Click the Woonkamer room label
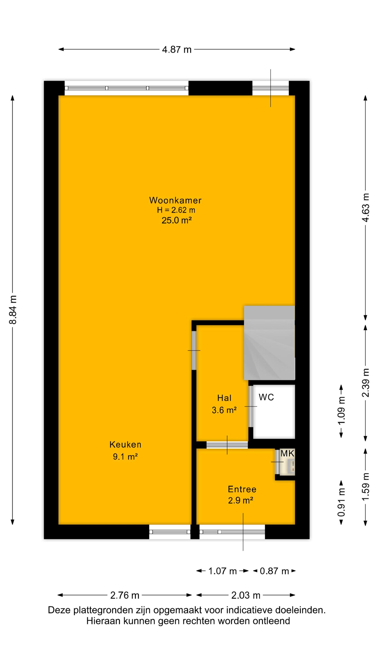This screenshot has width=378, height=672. [x=175, y=200]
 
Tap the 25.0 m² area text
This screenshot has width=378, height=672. [x=177, y=220]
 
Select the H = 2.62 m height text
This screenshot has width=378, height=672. [x=176, y=210]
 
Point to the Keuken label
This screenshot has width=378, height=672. [x=125, y=444]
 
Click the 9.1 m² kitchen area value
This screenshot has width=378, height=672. [x=125, y=457]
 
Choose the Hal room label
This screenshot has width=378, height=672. [x=224, y=398]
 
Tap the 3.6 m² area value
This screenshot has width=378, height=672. [x=224, y=410]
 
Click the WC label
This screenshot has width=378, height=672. [x=266, y=397]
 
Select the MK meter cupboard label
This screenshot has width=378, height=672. [x=287, y=453]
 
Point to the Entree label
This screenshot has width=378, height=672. [x=242, y=489]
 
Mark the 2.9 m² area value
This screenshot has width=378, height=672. [x=241, y=500]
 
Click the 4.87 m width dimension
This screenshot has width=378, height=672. [x=177, y=49]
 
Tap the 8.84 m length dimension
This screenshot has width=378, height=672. [x=13, y=310]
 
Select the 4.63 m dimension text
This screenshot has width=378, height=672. [x=366, y=208]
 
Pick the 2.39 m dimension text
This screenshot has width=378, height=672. [x=366, y=383]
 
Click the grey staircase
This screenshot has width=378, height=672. [x=269, y=343]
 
